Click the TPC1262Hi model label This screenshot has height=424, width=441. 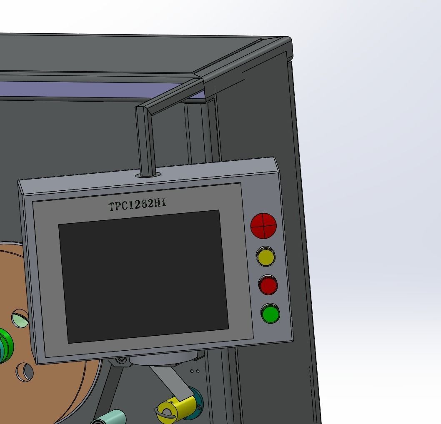click(x=138, y=205)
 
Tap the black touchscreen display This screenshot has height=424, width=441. click(x=143, y=276)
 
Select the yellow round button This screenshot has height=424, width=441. click(x=266, y=257)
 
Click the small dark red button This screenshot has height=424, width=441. click(x=268, y=285)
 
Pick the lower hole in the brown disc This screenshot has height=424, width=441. click(x=25, y=371)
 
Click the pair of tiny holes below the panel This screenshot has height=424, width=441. click(x=195, y=371)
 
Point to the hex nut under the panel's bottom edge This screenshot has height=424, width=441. click(x=121, y=359)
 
